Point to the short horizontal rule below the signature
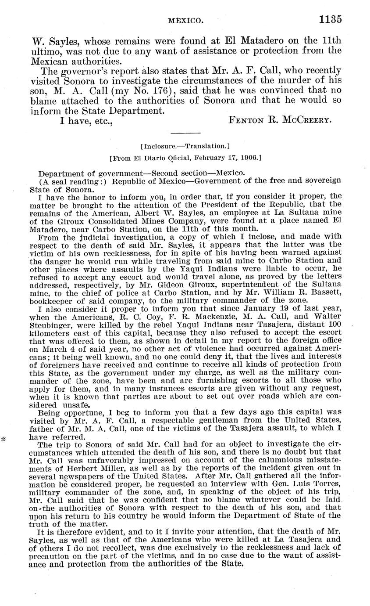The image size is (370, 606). coord(185,133)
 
